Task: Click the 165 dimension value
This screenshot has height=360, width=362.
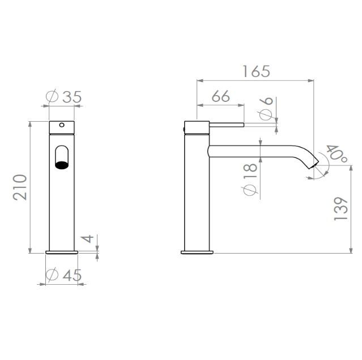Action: coord(256,71)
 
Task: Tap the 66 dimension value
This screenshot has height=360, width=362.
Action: coord(221,96)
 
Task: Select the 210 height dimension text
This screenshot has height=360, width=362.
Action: coord(20,187)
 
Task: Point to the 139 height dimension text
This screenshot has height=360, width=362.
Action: coord(341,209)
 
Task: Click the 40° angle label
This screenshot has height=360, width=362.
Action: coord(336,153)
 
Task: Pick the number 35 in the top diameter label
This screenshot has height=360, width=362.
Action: coord(72,97)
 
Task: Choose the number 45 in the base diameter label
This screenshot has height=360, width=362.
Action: coord(72,275)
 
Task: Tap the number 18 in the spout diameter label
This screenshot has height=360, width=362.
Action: coord(250,170)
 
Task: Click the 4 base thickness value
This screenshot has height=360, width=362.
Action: coord(88,238)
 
